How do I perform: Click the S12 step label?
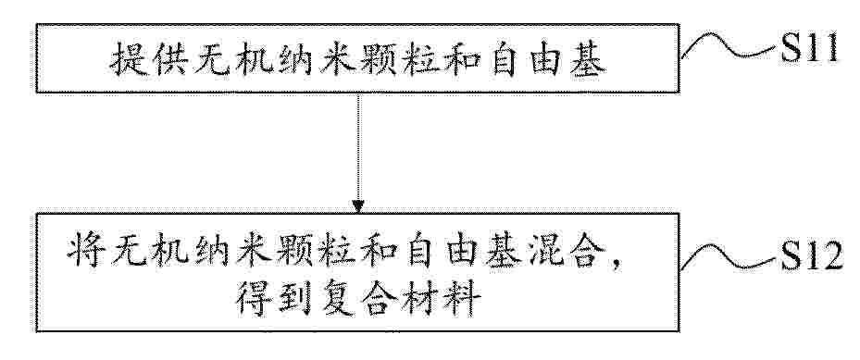[810, 257]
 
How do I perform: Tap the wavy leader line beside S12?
[729, 257]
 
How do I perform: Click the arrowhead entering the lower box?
[358, 207]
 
